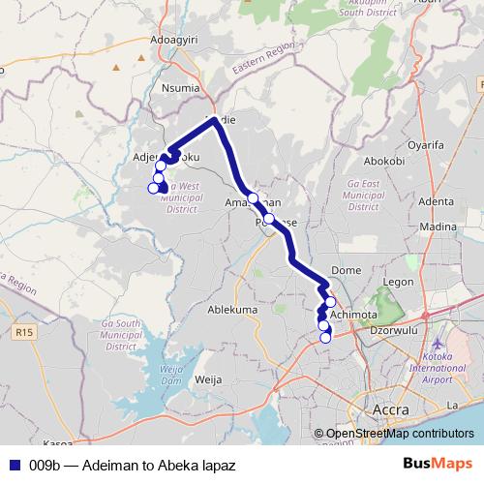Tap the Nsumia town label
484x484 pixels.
(x=185, y=86)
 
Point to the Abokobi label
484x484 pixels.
(x=383, y=161)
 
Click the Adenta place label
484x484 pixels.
(x=437, y=201)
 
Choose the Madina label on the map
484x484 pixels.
(x=440, y=226)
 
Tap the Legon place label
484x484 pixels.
(x=398, y=282)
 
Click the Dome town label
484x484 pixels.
(x=346, y=270)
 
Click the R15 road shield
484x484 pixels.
(x=24, y=332)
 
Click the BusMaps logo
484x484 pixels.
(x=436, y=465)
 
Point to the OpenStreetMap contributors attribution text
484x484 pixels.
(x=400, y=434)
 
